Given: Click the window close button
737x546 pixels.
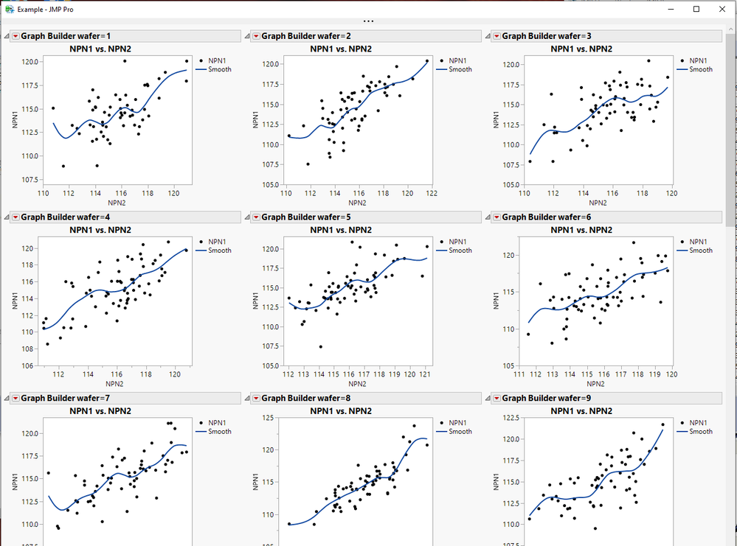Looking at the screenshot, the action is pyautogui.click(x=722, y=9).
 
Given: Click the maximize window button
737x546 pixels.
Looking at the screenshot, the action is pyautogui.click(x=696, y=9).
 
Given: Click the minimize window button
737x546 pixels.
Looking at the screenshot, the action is pyautogui.click(x=671, y=9).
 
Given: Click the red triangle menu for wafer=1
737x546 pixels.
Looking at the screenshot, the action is pyautogui.click(x=15, y=36).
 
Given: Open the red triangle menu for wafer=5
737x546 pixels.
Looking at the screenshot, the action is pyautogui.click(x=256, y=217).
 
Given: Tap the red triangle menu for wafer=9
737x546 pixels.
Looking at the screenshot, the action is pyautogui.click(x=496, y=399).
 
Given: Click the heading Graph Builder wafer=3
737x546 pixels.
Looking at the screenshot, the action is pyautogui.click(x=547, y=36).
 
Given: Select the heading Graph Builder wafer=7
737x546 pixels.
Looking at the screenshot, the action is pyautogui.click(x=66, y=398).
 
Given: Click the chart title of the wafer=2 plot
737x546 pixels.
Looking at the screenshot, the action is pyautogui.click(x=341, y=49).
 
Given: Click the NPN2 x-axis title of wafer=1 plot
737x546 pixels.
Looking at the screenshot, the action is pyautogui.click(x=117, y=203).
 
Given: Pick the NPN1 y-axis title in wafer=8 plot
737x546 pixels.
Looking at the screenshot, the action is pyautogui.click(x=256, y=482).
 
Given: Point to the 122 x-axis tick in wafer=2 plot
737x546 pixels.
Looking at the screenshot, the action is pyautogui.click(x=432, y=193).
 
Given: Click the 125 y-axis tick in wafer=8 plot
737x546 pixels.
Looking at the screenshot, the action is pyautogui.click(x=269, y=417).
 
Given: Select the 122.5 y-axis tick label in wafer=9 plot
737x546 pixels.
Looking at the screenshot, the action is pyautogui.click(x=511, y=417).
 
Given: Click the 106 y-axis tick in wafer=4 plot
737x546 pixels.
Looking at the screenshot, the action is pyautogui.click(x=27, y=365).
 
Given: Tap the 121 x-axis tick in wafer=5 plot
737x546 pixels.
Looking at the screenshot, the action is pyautogui.click(x=425, y=374).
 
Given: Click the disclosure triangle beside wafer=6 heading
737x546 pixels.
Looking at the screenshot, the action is pyautogui.click(x=488, y=217).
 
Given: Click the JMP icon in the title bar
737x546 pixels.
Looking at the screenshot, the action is pyautogui.click(x=10, y=9).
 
